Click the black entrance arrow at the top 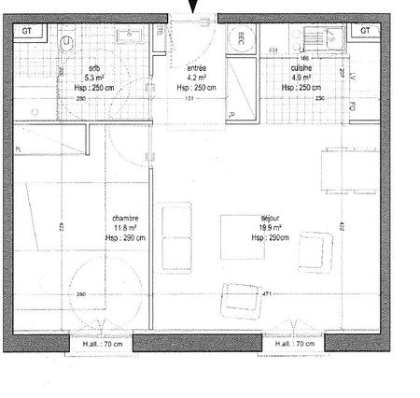[194, 7]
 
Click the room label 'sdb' [93, 69]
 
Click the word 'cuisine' [300, 70]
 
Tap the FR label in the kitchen [273, 50]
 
